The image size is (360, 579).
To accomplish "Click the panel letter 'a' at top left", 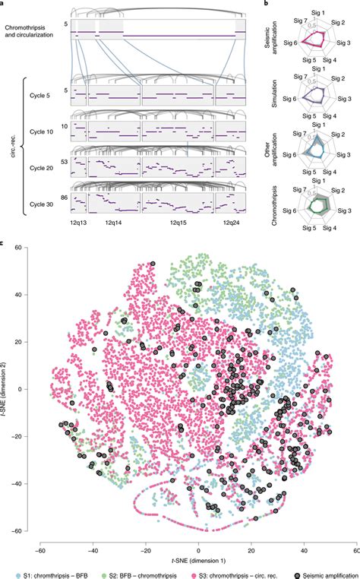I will click(4, 5).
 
